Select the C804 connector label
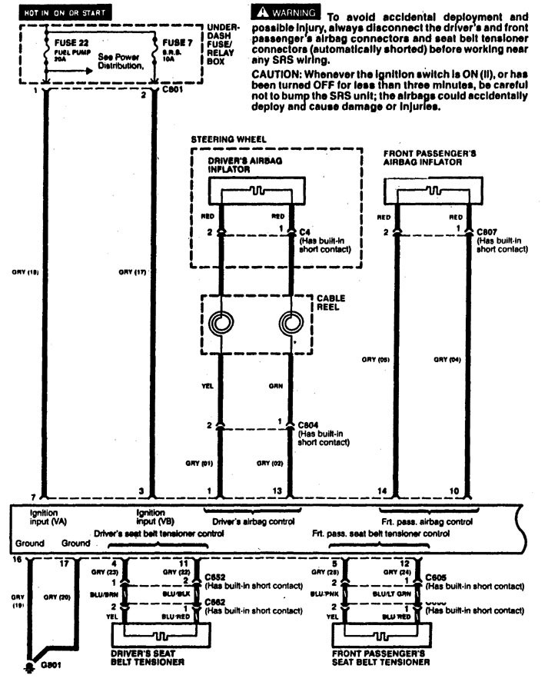coord(308,424)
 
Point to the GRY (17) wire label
coord(132,271)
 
